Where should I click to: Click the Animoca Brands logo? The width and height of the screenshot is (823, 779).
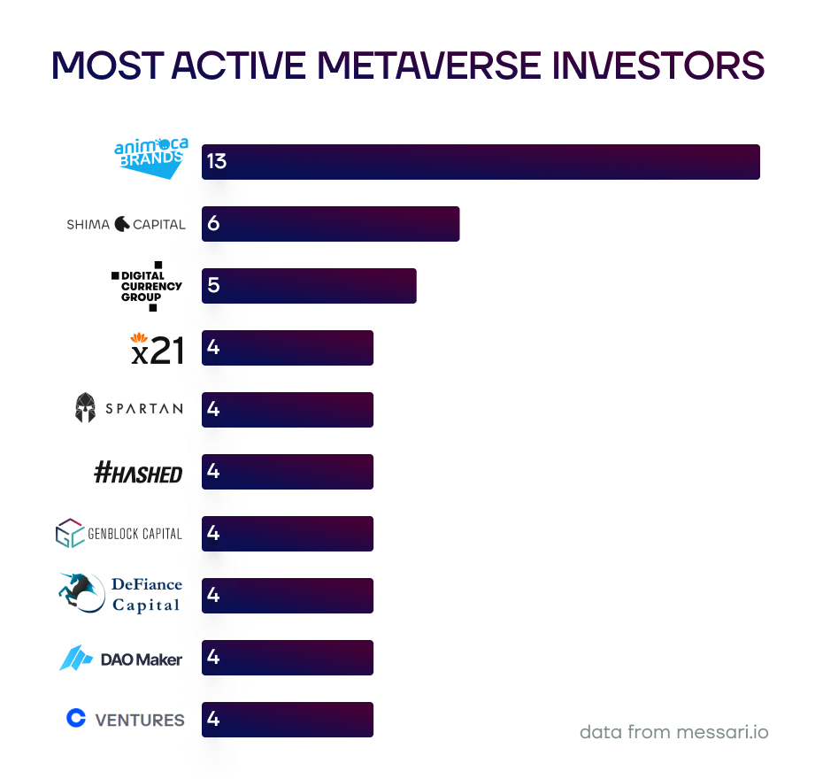pos(150,158)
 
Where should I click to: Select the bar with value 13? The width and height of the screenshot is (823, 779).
pos(481,162)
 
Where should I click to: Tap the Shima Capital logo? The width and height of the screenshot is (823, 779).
pos(126,224)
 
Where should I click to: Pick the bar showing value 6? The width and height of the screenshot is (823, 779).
pos(330,224)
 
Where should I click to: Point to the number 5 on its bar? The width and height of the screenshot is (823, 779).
pos(212,286)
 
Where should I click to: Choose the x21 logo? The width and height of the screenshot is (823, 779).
pos(157,348)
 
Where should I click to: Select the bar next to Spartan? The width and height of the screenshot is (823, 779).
pos(287,410)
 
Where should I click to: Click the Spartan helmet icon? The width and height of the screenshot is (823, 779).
pos(85,408)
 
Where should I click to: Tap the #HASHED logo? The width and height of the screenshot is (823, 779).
pos(138,473)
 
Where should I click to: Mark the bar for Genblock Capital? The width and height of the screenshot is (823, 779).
pos(287,534)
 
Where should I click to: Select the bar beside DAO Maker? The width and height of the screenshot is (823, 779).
pos(287,658)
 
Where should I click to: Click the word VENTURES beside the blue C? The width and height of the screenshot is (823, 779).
pos(139,720)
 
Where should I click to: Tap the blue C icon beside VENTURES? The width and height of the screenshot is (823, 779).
pos(76,718)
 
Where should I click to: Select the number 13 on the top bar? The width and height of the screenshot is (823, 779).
pos(216,162)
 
